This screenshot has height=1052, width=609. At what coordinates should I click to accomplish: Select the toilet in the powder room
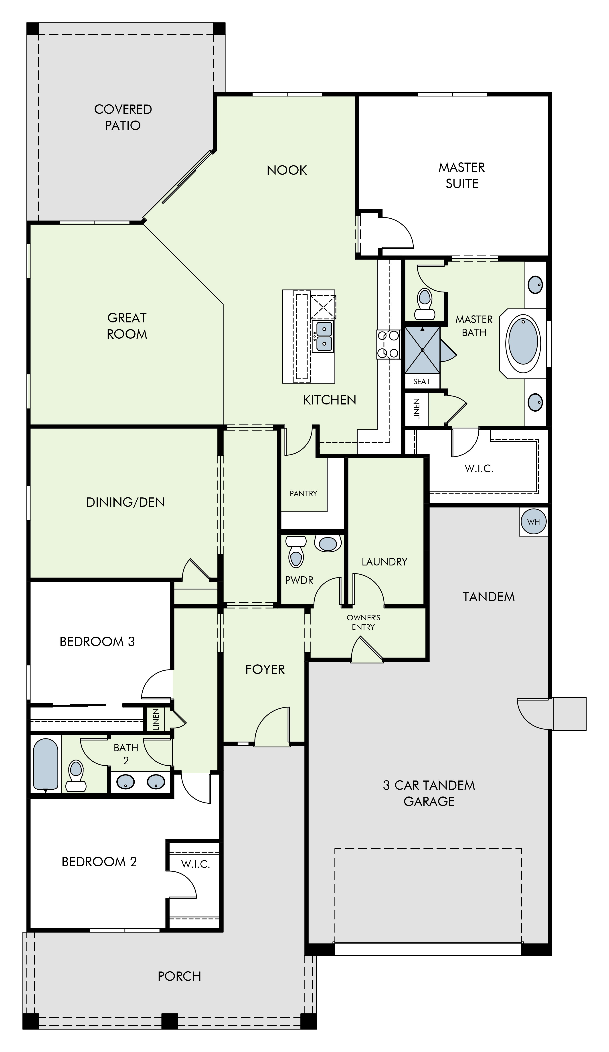(x=296, y=551)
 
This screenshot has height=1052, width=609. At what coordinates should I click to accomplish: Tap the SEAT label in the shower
(x=421, y=381)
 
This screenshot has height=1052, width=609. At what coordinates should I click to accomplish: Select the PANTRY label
(x=303, y=493)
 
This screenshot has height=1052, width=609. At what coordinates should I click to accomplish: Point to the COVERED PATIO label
(x=123, y=117)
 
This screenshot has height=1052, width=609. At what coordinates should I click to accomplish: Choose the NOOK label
(x=287, y=170)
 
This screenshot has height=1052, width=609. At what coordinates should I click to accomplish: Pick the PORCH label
(x=179, y=976)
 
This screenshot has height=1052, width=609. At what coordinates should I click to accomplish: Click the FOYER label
(x=265, y=669)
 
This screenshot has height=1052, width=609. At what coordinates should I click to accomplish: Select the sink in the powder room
(x=328, y=543)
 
